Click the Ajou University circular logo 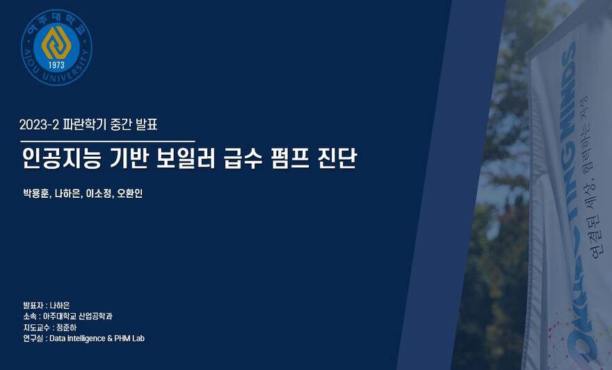pos(57,47)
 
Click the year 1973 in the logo pos(57,66)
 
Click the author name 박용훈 pos(36,194)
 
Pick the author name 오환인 pos(130,194)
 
